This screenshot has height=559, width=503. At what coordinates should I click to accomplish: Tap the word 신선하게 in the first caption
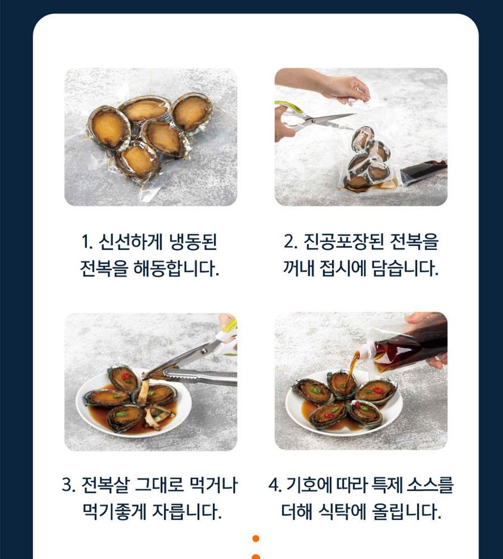[130, 242]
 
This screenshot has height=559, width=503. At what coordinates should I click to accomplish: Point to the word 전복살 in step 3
[105, 485]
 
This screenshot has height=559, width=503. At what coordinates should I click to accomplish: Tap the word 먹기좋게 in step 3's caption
[115, 511]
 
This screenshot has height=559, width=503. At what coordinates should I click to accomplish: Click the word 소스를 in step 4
[431, 485]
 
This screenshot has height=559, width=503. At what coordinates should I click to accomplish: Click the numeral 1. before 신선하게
[87, 243]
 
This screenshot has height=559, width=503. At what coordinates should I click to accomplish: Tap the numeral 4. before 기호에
[275, 486]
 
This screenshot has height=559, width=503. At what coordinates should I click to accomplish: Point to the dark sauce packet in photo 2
[424, 172]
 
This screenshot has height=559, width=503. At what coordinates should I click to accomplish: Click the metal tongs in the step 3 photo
[200, 376]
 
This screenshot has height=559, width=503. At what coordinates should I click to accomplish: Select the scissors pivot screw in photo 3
[204, 351]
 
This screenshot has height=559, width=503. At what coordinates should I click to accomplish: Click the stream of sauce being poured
[352, 369]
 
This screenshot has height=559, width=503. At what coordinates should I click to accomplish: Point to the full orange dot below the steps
[255, 538]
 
